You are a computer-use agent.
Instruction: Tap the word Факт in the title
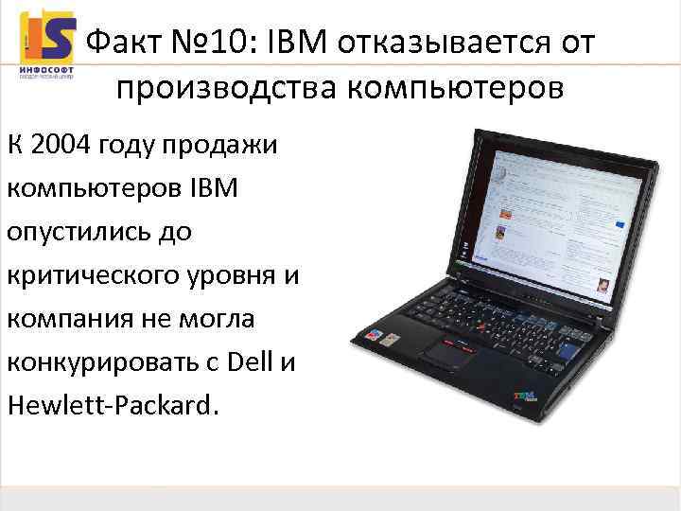pos(122,43)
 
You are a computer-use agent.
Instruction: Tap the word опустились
pos(77,232)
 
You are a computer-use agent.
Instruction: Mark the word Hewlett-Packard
pos(111,405)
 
